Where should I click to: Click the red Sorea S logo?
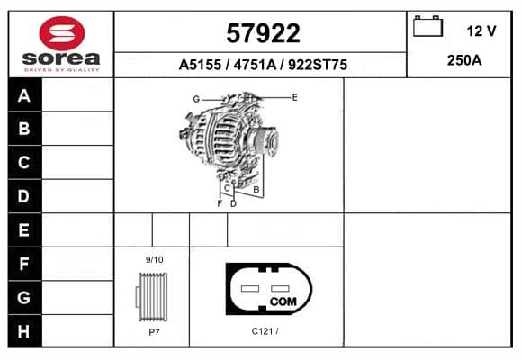click(x=62, y=33)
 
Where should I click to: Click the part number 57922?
click(x=263, y=33)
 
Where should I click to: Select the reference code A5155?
click(x=200, y=65)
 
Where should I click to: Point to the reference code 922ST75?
click(x=318, y=65)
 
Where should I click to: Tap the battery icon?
click(x=427, y=26)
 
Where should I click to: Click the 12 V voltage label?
click(x=481, y=31)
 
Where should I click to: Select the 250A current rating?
click(x=464, y=60)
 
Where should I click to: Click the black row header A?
click(x=25, y=95)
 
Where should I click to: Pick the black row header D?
click(x=25, y=196)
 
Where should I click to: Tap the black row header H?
click(x=25, y=331)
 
